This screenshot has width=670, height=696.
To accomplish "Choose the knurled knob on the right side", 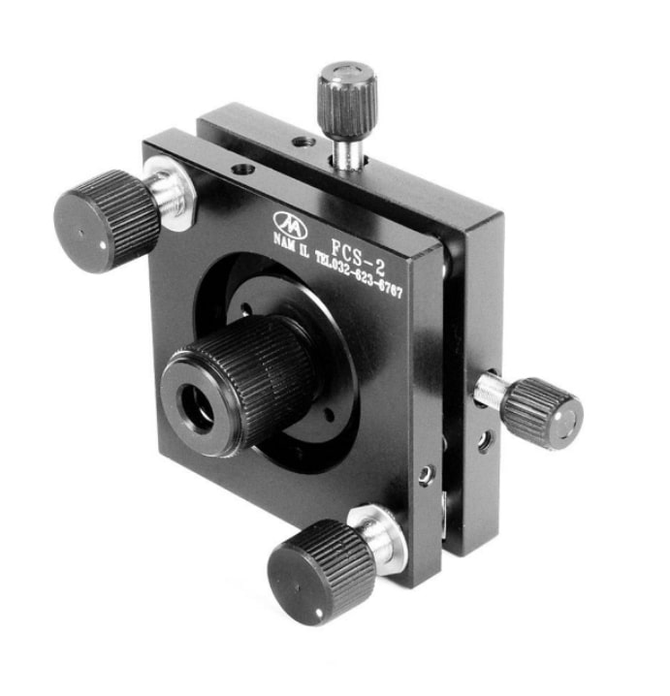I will (x=541, y=412).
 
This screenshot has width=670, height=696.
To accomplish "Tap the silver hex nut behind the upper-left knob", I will (x=174, y=192).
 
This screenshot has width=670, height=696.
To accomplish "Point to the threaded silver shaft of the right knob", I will (x=493, y=392).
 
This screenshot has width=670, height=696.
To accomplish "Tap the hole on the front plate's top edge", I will (x=241, y=170).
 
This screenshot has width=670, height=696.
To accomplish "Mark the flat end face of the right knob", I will (x=567, y=424).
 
